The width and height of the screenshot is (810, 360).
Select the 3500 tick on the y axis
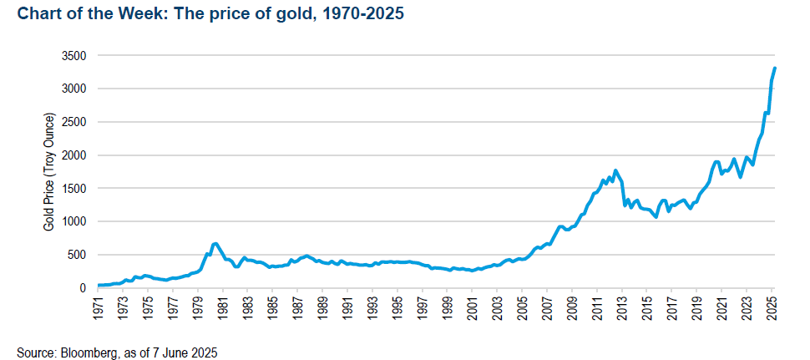(74, 55)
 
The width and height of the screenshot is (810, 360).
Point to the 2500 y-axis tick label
(74, 122)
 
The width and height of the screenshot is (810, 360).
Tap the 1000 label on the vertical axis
(74, 221)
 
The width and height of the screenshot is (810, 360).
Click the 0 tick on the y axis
(83, 288)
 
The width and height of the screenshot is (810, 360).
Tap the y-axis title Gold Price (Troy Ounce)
(48, 171)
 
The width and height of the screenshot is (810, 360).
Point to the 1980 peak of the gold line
(215, 243)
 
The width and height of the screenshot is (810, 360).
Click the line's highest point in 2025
(774, 68)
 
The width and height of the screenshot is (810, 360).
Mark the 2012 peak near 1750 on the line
(615, 170)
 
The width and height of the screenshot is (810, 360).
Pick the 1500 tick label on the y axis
(74, 188)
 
